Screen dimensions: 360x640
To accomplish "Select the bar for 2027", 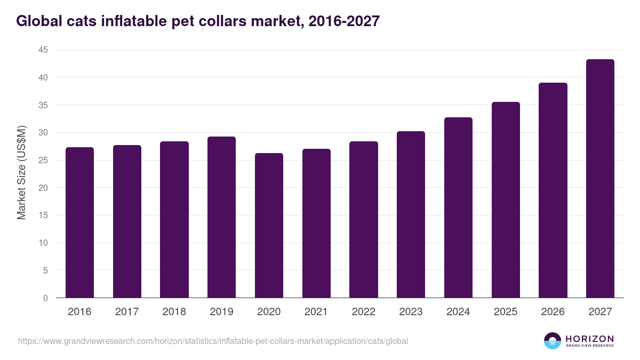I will pyautogui.click(x=600, y=179).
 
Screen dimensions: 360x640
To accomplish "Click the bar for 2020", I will pyautogui.click(x=269, y=226).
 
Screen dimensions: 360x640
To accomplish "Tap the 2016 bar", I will pyautogui.click(x=79, y=222).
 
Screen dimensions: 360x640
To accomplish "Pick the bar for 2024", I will pyautogui.click(x=458, y=207).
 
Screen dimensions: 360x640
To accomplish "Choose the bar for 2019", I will pyautogui.click(x=221, y=217).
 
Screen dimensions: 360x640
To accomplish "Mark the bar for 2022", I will pyautogui.click(x=364, y=220).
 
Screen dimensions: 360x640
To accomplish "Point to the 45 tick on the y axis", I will pyautogui.click(x=43, y=50).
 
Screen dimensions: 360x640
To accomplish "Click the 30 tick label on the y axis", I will pyautogui.click(x=43, y=133).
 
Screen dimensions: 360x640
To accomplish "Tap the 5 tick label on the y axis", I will pyautogui.click(x=45, y=270).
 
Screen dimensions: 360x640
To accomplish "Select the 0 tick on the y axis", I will pyautogui.click(x=45, y=298).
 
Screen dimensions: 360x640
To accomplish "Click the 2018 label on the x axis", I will pyautogui.click(x=174, y=312).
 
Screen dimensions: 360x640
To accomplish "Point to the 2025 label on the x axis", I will pyautogui.click(x=506, y=312).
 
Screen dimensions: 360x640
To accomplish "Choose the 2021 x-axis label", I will pyautogui.click(x=316, y=312).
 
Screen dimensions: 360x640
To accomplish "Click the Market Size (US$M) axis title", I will pyautogui.click(x=22, y=173).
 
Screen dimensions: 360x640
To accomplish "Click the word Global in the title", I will pyautogui.click(x=38, y=21).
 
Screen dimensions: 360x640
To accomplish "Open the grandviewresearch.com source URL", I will pyautogui.click(x=213, y=341).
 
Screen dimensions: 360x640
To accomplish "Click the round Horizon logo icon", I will pyautogui.click(x=553, y=341).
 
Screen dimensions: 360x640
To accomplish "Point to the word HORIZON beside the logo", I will pyautogui.click(x=589, y=338).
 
